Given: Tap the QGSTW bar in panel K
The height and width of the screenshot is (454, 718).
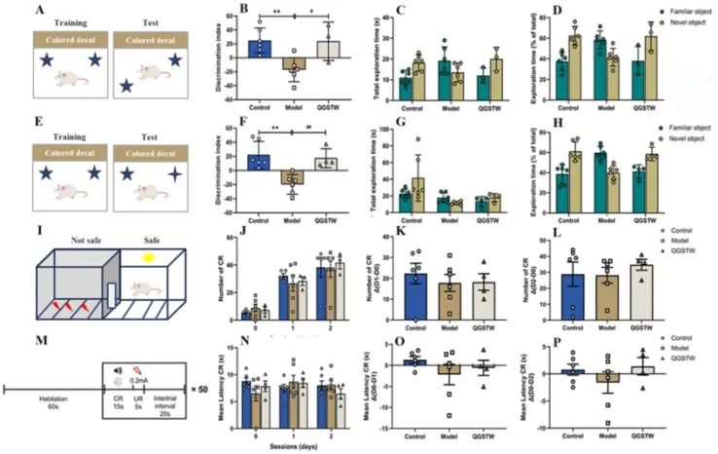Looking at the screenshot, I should point(462,302).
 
